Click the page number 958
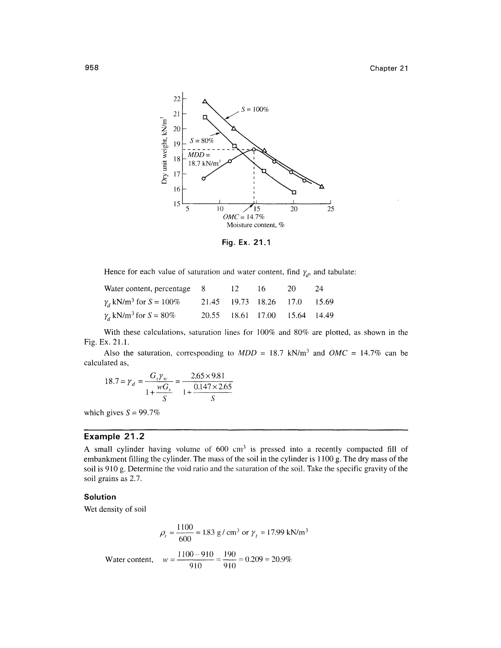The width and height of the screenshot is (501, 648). [91, 68]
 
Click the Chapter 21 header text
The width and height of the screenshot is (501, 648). [389, 68]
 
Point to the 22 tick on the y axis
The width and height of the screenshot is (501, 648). [177, 99]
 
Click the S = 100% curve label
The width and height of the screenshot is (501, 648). [255, 110]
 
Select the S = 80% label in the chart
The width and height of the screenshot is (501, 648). [202, 141]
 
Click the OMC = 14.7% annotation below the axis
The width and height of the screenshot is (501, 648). [243, 217]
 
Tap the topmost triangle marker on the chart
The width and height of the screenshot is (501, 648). [205, 101]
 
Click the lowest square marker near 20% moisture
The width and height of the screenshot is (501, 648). [294, 192]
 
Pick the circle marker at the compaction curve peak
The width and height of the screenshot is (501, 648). [254, 149]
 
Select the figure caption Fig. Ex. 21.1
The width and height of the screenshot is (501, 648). [246, 243]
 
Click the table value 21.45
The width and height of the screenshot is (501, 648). [210, 302]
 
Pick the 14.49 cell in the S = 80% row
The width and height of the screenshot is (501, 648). [324, 315]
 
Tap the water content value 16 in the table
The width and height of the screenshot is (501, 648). [262, 288]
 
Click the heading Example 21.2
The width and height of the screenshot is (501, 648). [114, 437]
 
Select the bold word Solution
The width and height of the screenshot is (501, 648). [100, 497]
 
